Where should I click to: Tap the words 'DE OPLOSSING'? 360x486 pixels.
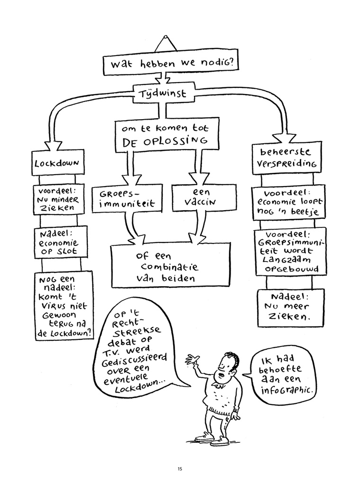tap(165, 141)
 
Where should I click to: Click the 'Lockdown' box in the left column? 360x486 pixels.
tap(57, 162)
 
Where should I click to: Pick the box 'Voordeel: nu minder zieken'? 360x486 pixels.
tap(58, 200)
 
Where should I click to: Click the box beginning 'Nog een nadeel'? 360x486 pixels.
tap(64, 305)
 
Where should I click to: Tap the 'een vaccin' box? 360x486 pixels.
tap(203, 197)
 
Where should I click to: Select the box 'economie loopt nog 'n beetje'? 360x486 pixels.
tap(289, 202)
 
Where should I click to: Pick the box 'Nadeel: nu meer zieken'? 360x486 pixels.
tap(291, 308)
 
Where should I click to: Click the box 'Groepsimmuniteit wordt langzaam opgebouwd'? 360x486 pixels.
tap(290, 252)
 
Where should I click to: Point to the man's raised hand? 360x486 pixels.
tap(192, 359)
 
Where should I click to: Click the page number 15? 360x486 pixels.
tap(180, 469)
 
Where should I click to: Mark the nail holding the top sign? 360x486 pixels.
tap(166, 37)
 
